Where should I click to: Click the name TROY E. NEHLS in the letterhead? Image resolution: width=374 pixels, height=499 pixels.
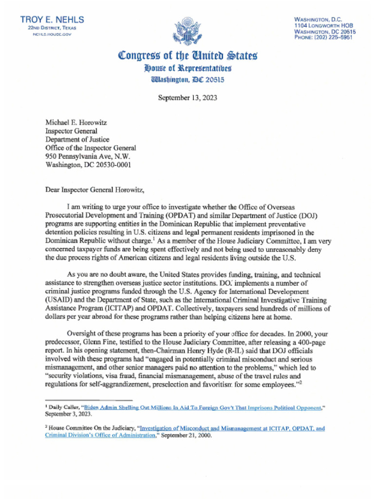[x=52, y=19]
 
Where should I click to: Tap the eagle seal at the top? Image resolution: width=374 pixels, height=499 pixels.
[x=187, y=32]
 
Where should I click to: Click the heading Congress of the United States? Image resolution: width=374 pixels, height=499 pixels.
[x=187, y=56]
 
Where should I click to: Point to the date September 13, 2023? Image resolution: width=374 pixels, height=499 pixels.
[x=187, y=97]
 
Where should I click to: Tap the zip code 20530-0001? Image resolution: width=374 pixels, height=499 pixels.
[x=116, y=164]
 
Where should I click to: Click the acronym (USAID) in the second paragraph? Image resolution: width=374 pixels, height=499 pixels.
[x=60, y=301]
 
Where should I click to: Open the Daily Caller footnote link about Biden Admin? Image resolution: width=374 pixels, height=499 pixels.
[x=204, y=407]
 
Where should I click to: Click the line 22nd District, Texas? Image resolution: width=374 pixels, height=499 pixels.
[x=52, y=28]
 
